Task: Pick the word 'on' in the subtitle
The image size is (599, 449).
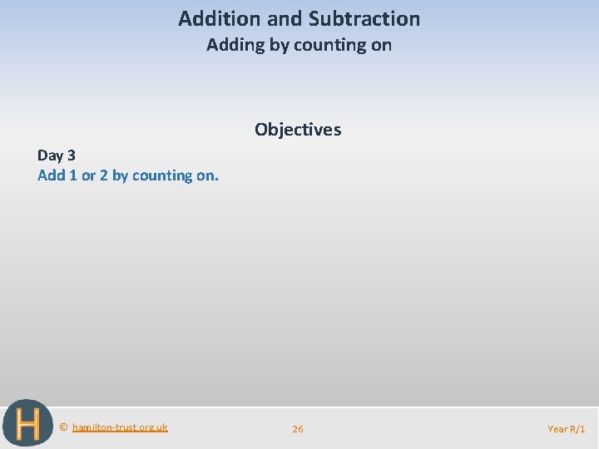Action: [x=382, y=45]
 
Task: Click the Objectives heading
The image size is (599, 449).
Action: [x=298, y=130]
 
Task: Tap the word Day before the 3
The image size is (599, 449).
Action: [x=50, y=155]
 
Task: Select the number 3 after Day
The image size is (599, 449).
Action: [x=71, y=155]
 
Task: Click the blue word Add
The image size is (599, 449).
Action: [x=52, y=175]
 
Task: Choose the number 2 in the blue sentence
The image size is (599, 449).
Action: [x=104, y=175]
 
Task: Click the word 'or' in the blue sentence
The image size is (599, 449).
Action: [x=88, y=175]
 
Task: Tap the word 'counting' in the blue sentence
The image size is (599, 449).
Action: [x=166, y=175]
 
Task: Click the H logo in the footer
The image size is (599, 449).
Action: [x=27, y=424]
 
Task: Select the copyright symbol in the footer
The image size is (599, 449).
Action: [x=64, y=427]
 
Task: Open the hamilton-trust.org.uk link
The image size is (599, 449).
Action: [x=120, y=427]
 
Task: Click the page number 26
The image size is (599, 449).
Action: [x=298, y=429]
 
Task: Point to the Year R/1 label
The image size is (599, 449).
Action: [x=566, y=429]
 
